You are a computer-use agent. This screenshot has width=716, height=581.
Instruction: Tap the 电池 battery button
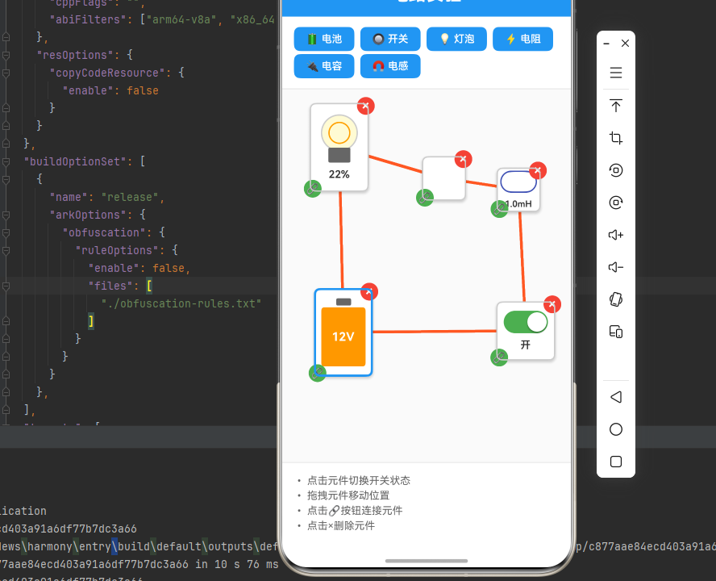click(x=324, y=39)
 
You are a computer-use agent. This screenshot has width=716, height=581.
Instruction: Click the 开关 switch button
click(x=390, y=39)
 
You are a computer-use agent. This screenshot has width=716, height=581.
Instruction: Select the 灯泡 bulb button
click(x=456, y=39)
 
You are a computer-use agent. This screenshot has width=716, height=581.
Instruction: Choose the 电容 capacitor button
click(x=324, y=66)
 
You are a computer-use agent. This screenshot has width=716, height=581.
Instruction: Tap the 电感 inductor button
click(x=390, y=66)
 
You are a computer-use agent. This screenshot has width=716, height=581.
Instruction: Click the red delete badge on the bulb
click(x=366, y=106)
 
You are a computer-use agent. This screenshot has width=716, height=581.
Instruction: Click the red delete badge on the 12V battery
click(x=369, y=291)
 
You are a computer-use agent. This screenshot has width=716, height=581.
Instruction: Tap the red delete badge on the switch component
click(x=552, y=304)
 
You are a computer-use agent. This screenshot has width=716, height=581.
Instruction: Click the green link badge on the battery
click(x=318, y=373)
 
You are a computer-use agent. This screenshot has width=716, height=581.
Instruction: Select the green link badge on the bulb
click(x=313, y=188)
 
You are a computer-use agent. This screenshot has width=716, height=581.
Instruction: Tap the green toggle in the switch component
click(x=526, y=323)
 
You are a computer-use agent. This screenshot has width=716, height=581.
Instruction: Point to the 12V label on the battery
click(x=343, y=336)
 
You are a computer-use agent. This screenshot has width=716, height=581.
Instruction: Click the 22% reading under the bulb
click(x=339, y=174)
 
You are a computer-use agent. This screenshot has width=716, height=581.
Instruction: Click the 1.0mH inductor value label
click(x=518, y=204)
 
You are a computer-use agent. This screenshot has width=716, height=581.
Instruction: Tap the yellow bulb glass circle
click(x=339, y=132)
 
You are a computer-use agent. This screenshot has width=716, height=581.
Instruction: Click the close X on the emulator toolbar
click(x=625, y=43)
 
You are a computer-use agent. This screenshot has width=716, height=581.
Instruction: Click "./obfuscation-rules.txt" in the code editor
click(x=181, y=303)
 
